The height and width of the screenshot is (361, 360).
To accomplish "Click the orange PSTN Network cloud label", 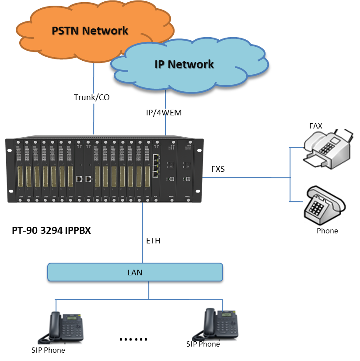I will point(90,31).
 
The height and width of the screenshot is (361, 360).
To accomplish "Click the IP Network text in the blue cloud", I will point(184,64).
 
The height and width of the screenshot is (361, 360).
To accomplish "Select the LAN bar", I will point(135,272).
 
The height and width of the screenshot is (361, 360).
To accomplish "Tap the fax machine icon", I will point(329,150).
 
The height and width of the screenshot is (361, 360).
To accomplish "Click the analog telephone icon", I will point(325,205).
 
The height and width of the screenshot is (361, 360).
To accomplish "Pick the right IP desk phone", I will point(217,324).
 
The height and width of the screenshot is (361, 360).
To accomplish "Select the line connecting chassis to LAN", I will point(143,232).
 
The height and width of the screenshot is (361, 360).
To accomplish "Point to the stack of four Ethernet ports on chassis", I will point(156,166).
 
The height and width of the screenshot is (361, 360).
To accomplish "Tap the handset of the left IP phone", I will point(45,326).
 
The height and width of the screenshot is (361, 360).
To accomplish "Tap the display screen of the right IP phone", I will point(227,315).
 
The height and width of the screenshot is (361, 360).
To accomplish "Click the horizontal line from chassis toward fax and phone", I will point(245,177).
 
